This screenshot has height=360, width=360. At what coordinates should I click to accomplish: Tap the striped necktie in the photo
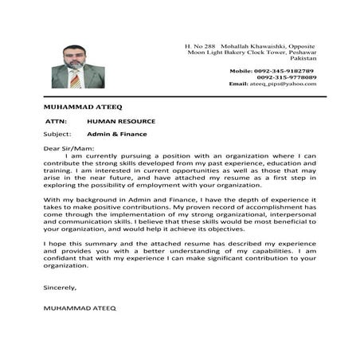tap(75, 77)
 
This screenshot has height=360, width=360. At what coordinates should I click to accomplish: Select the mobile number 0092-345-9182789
tap(284, 71)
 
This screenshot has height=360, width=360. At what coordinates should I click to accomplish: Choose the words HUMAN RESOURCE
tap(121, 121)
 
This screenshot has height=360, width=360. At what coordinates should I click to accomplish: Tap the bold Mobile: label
tap(243, 71)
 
